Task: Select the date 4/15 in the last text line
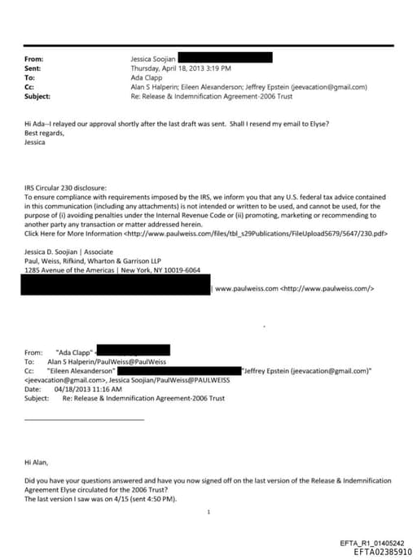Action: click(106, 498)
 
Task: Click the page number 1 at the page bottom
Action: click(209, 511)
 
